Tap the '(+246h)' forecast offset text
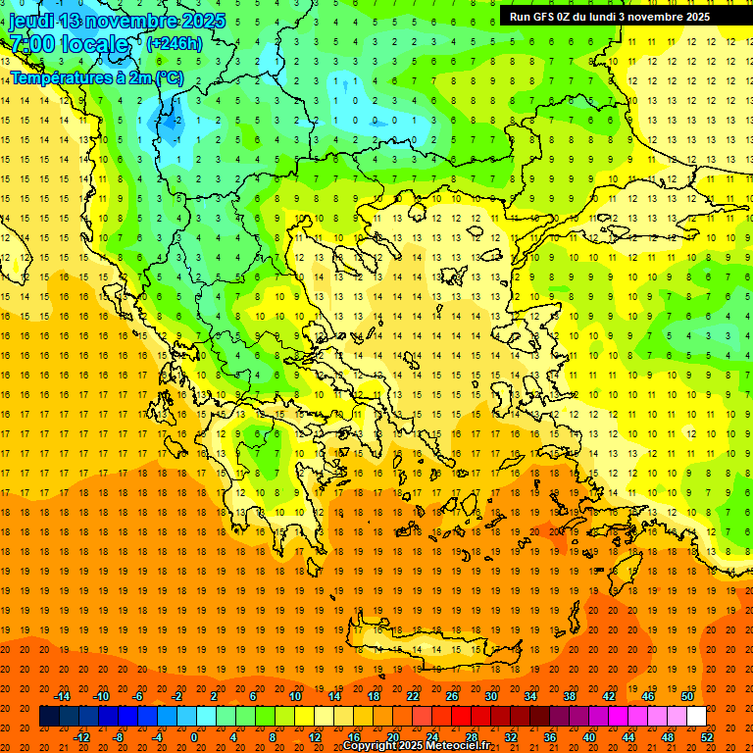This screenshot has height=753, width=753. point(174,43)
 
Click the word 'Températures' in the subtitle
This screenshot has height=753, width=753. point(57,76)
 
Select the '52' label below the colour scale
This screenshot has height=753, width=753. point(707,736)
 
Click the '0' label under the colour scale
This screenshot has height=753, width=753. point(194,736)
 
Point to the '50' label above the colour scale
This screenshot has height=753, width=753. point(687,696)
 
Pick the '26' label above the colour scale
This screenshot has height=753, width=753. point(452,696)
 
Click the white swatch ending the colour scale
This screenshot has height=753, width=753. point(696,717)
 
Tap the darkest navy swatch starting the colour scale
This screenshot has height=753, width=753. point(49,717)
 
